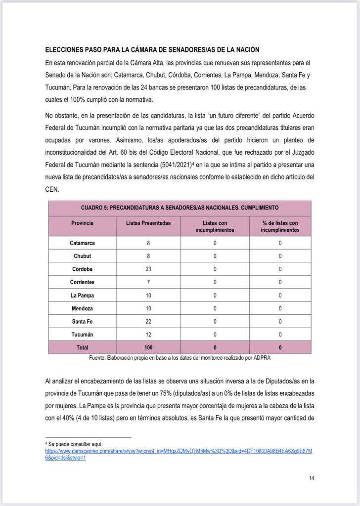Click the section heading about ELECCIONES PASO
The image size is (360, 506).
[x=152, y=50]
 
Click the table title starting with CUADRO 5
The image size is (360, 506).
[x=180, y=208]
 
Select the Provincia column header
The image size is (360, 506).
[x=82, y=223]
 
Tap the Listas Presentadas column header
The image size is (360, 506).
[x=148, y=223]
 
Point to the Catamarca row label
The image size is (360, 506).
[x=82, y=243]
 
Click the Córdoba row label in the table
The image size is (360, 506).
[x=82, y=269]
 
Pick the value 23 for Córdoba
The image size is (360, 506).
[x=148, y=269]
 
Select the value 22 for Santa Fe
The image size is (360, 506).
[x=148, y=322]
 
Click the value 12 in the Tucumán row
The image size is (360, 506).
[x=148, y=335]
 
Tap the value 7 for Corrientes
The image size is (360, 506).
[x=148, y=282]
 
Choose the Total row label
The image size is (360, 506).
[x=82, y=347]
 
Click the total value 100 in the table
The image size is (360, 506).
[x=148, y=347]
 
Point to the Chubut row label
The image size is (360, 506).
[x=82, y=256]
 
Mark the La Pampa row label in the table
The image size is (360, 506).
[x=82, y=295]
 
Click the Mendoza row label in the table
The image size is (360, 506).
[x=82, y=308]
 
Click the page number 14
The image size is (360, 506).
[x=311, y=478]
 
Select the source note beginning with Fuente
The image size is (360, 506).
[x=180, y=358]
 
